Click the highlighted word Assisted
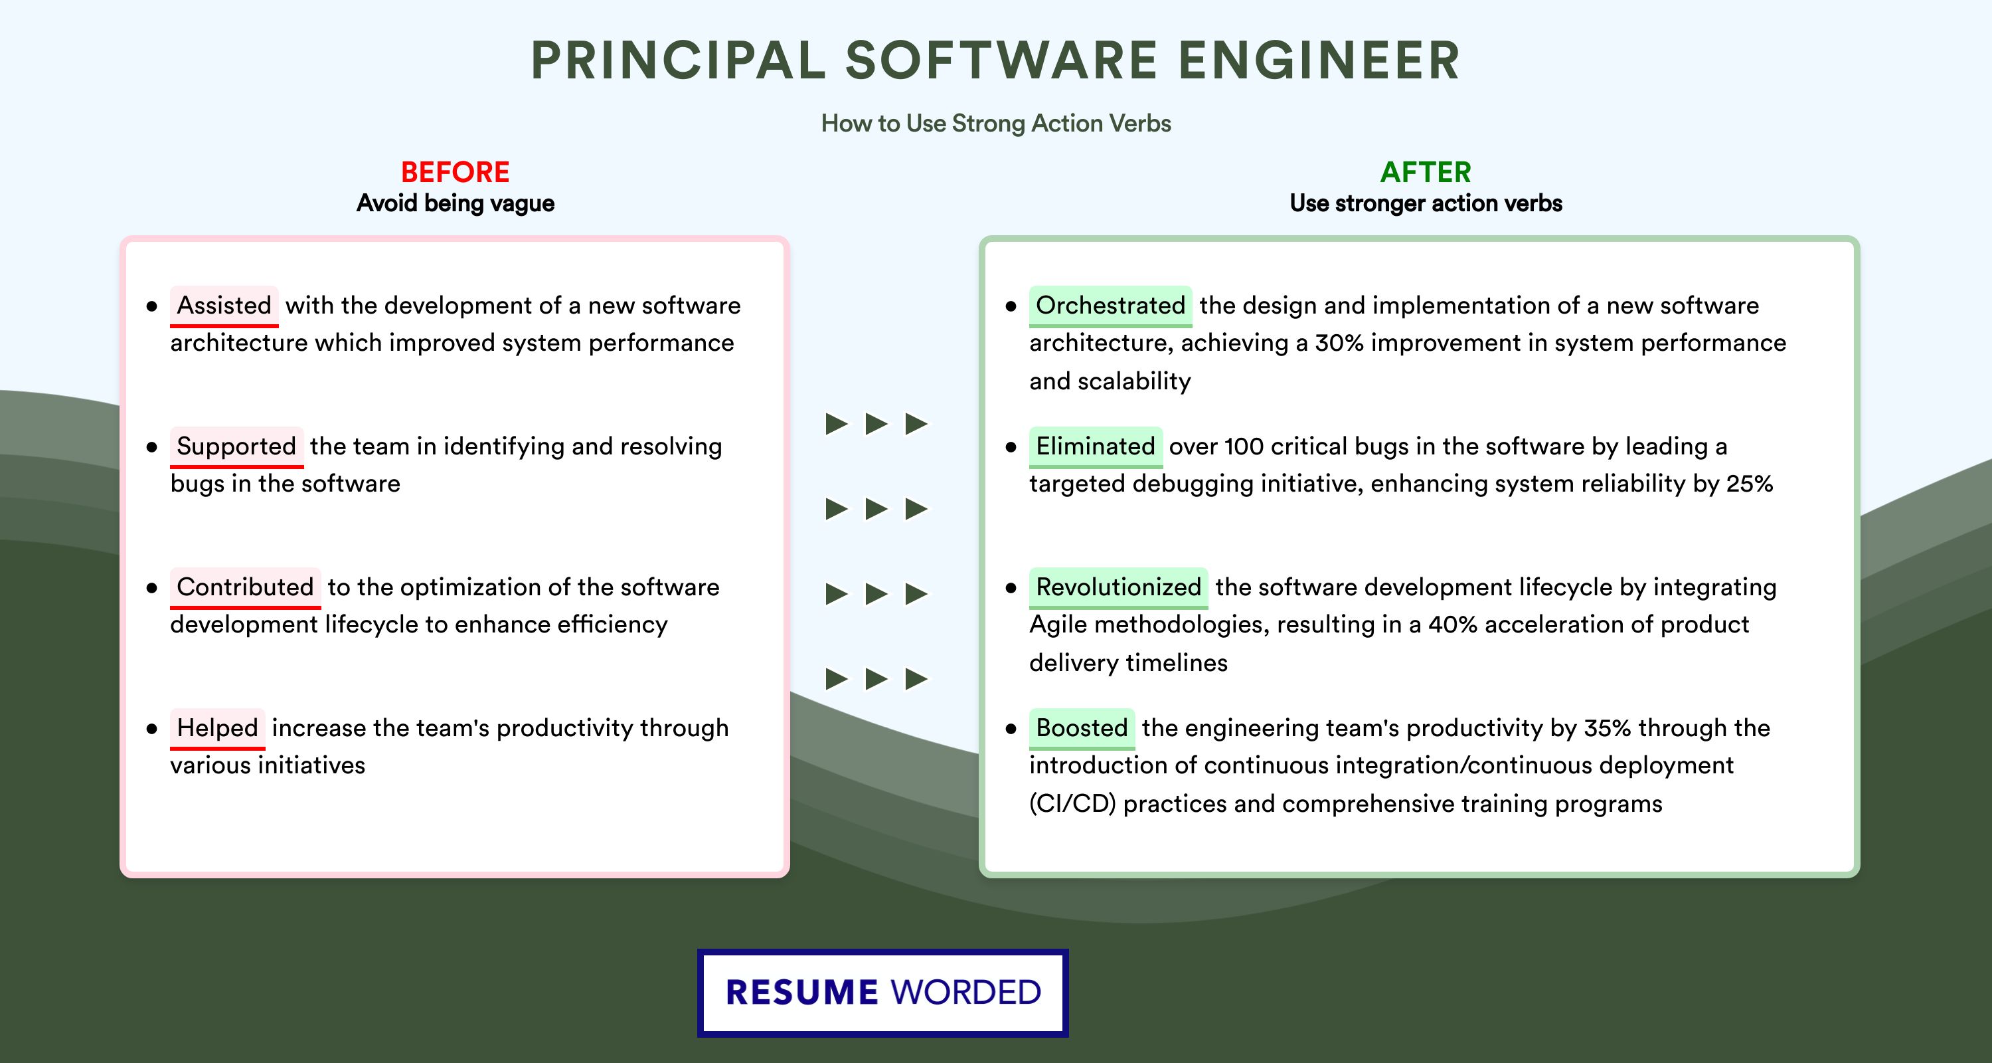(x=224, y=306)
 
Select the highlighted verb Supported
(x=236, y=446)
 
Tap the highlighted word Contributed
(x=245, y=587)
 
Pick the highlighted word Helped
(x=217, y=728)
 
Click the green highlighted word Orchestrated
(x=1110, y=306)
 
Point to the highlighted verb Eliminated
(x=1096, y=446)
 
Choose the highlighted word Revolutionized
(x=1118, y=587)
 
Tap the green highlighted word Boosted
(x=1082, y=728)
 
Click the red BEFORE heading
(x=456, y=172)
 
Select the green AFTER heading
(x=1426, y=172)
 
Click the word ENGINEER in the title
(x=1319, y=60)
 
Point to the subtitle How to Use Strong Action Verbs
(x=996, y=123)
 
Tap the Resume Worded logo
(x=883, y=993)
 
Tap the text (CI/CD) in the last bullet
(x=1072, y=804)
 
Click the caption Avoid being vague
(x=456, y=203)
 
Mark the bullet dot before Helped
(x=151, y=729)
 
